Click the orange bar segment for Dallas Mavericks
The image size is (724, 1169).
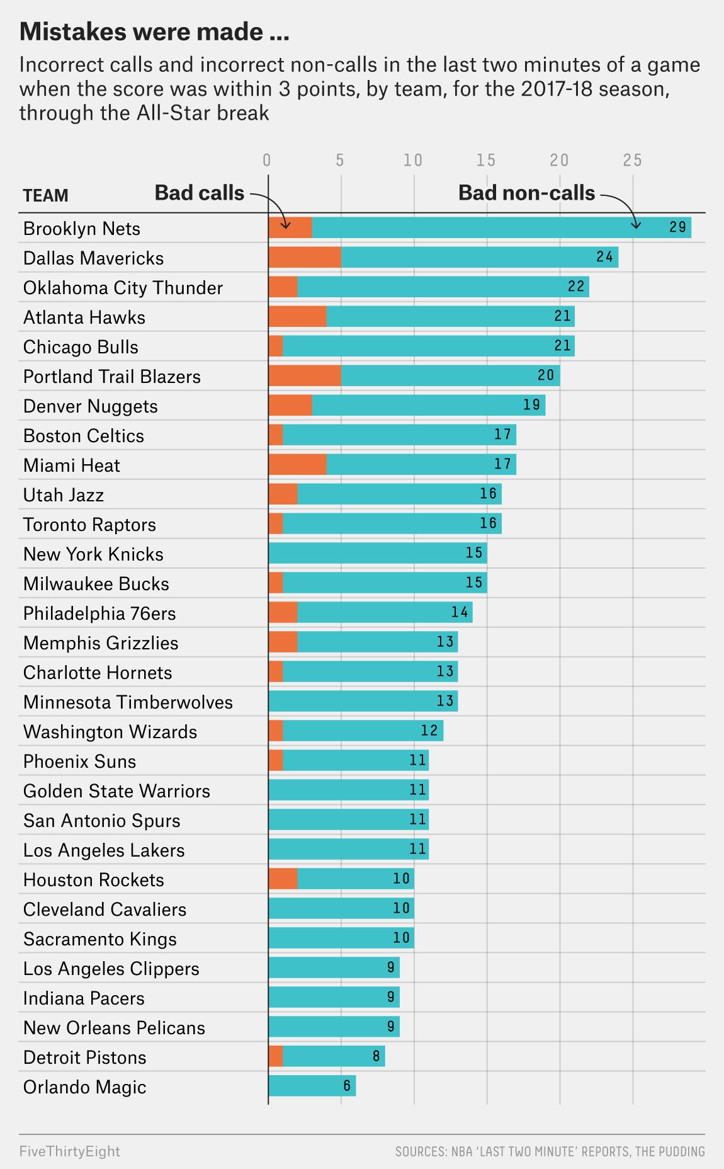tap(305, 258)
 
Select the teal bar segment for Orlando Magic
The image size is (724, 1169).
tap(312, 1086)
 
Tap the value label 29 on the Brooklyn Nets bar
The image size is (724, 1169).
tap(677, 227)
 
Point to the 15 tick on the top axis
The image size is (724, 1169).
tap(486, 160)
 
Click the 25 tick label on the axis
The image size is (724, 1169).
tap(632, 160)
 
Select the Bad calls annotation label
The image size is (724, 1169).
tap(199, 193)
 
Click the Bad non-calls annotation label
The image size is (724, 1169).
tap(526, 193)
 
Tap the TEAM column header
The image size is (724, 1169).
tap(45, 196)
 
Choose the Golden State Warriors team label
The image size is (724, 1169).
tap(116, 791)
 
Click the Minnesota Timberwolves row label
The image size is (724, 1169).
tap(128, 702)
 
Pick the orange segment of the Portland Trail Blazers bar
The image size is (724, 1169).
tap(305, 376)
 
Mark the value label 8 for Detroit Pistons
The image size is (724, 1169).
tap(376, 1056)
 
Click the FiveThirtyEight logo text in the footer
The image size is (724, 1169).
tap(69, 1151)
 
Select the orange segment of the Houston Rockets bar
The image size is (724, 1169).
tap(283, 879)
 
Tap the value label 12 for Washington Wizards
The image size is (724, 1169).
tap(429, 731)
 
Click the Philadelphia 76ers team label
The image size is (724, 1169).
tap(99, 613)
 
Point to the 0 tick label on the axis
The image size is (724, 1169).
tap(267, 160)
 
